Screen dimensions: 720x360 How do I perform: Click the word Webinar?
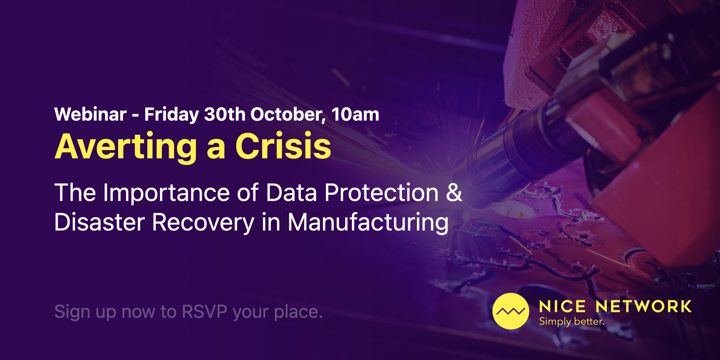point(90,114)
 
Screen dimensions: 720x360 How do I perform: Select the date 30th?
point(225,114)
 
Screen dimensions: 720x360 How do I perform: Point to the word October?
point(288,115)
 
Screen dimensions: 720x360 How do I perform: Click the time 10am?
point(355,114)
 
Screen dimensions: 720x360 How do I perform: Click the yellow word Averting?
point(126,147)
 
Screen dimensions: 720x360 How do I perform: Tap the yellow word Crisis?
point(283,146)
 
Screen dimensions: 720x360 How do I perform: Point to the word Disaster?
point(99,222)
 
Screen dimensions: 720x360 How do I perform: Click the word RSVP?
point(205,311)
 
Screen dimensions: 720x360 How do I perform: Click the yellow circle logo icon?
point(510,311)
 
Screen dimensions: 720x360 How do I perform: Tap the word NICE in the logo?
point(562,307)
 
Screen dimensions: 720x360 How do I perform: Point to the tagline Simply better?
point(572,322)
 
